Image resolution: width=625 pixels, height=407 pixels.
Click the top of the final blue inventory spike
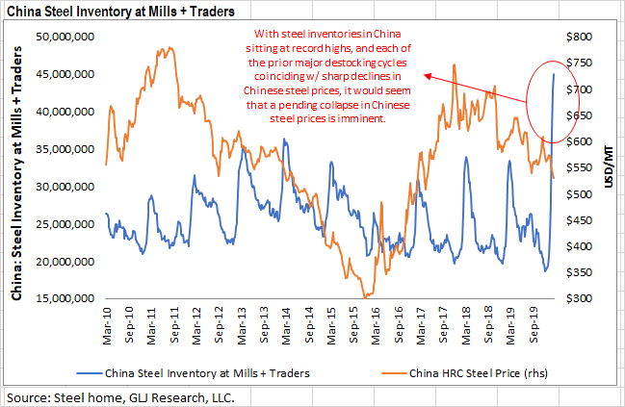554,73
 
